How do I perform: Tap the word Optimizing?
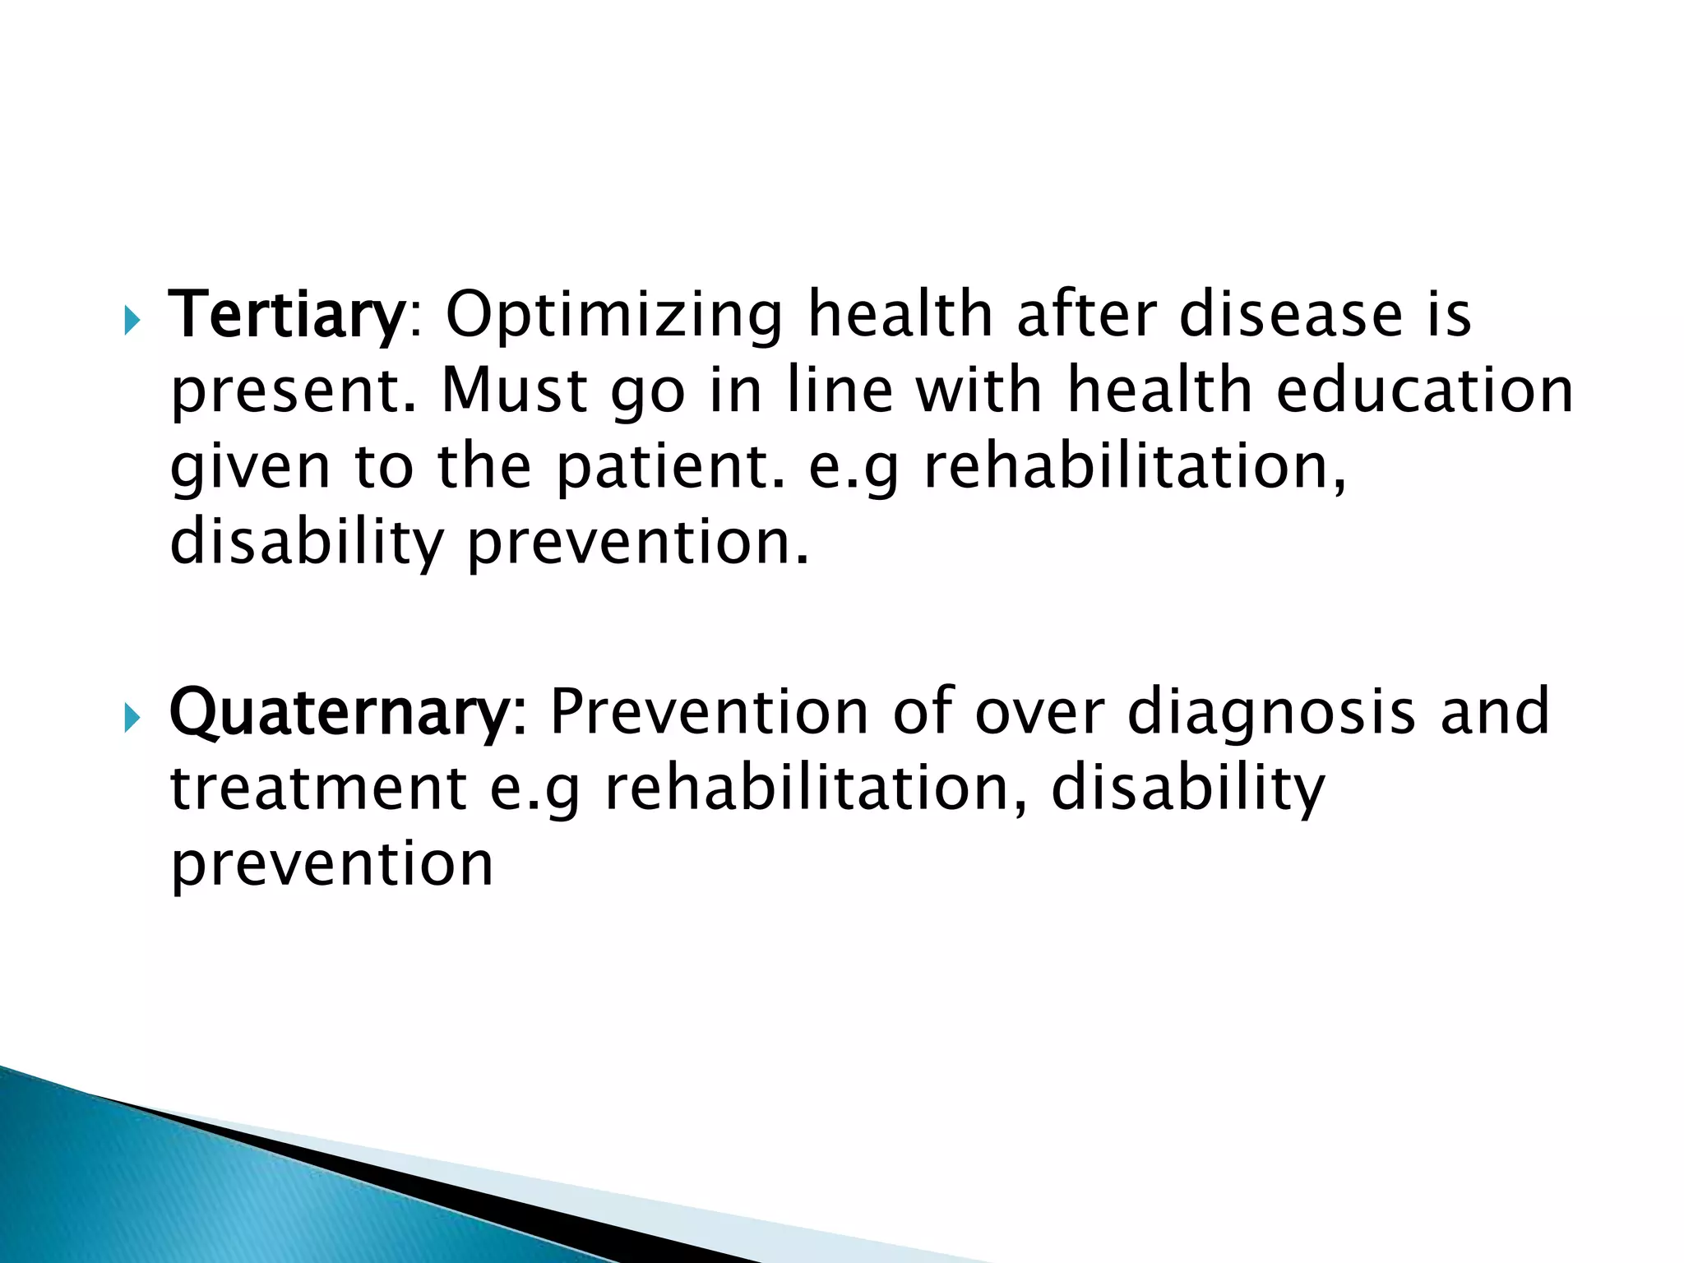pyautogui.click(x=615, y=315)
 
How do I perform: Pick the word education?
pyautogui.click(x=1424, y=391)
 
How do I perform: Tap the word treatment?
pyautogui.click(x=319, y=789)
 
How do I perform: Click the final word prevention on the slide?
pyautogui.click(x=331, y=866)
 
